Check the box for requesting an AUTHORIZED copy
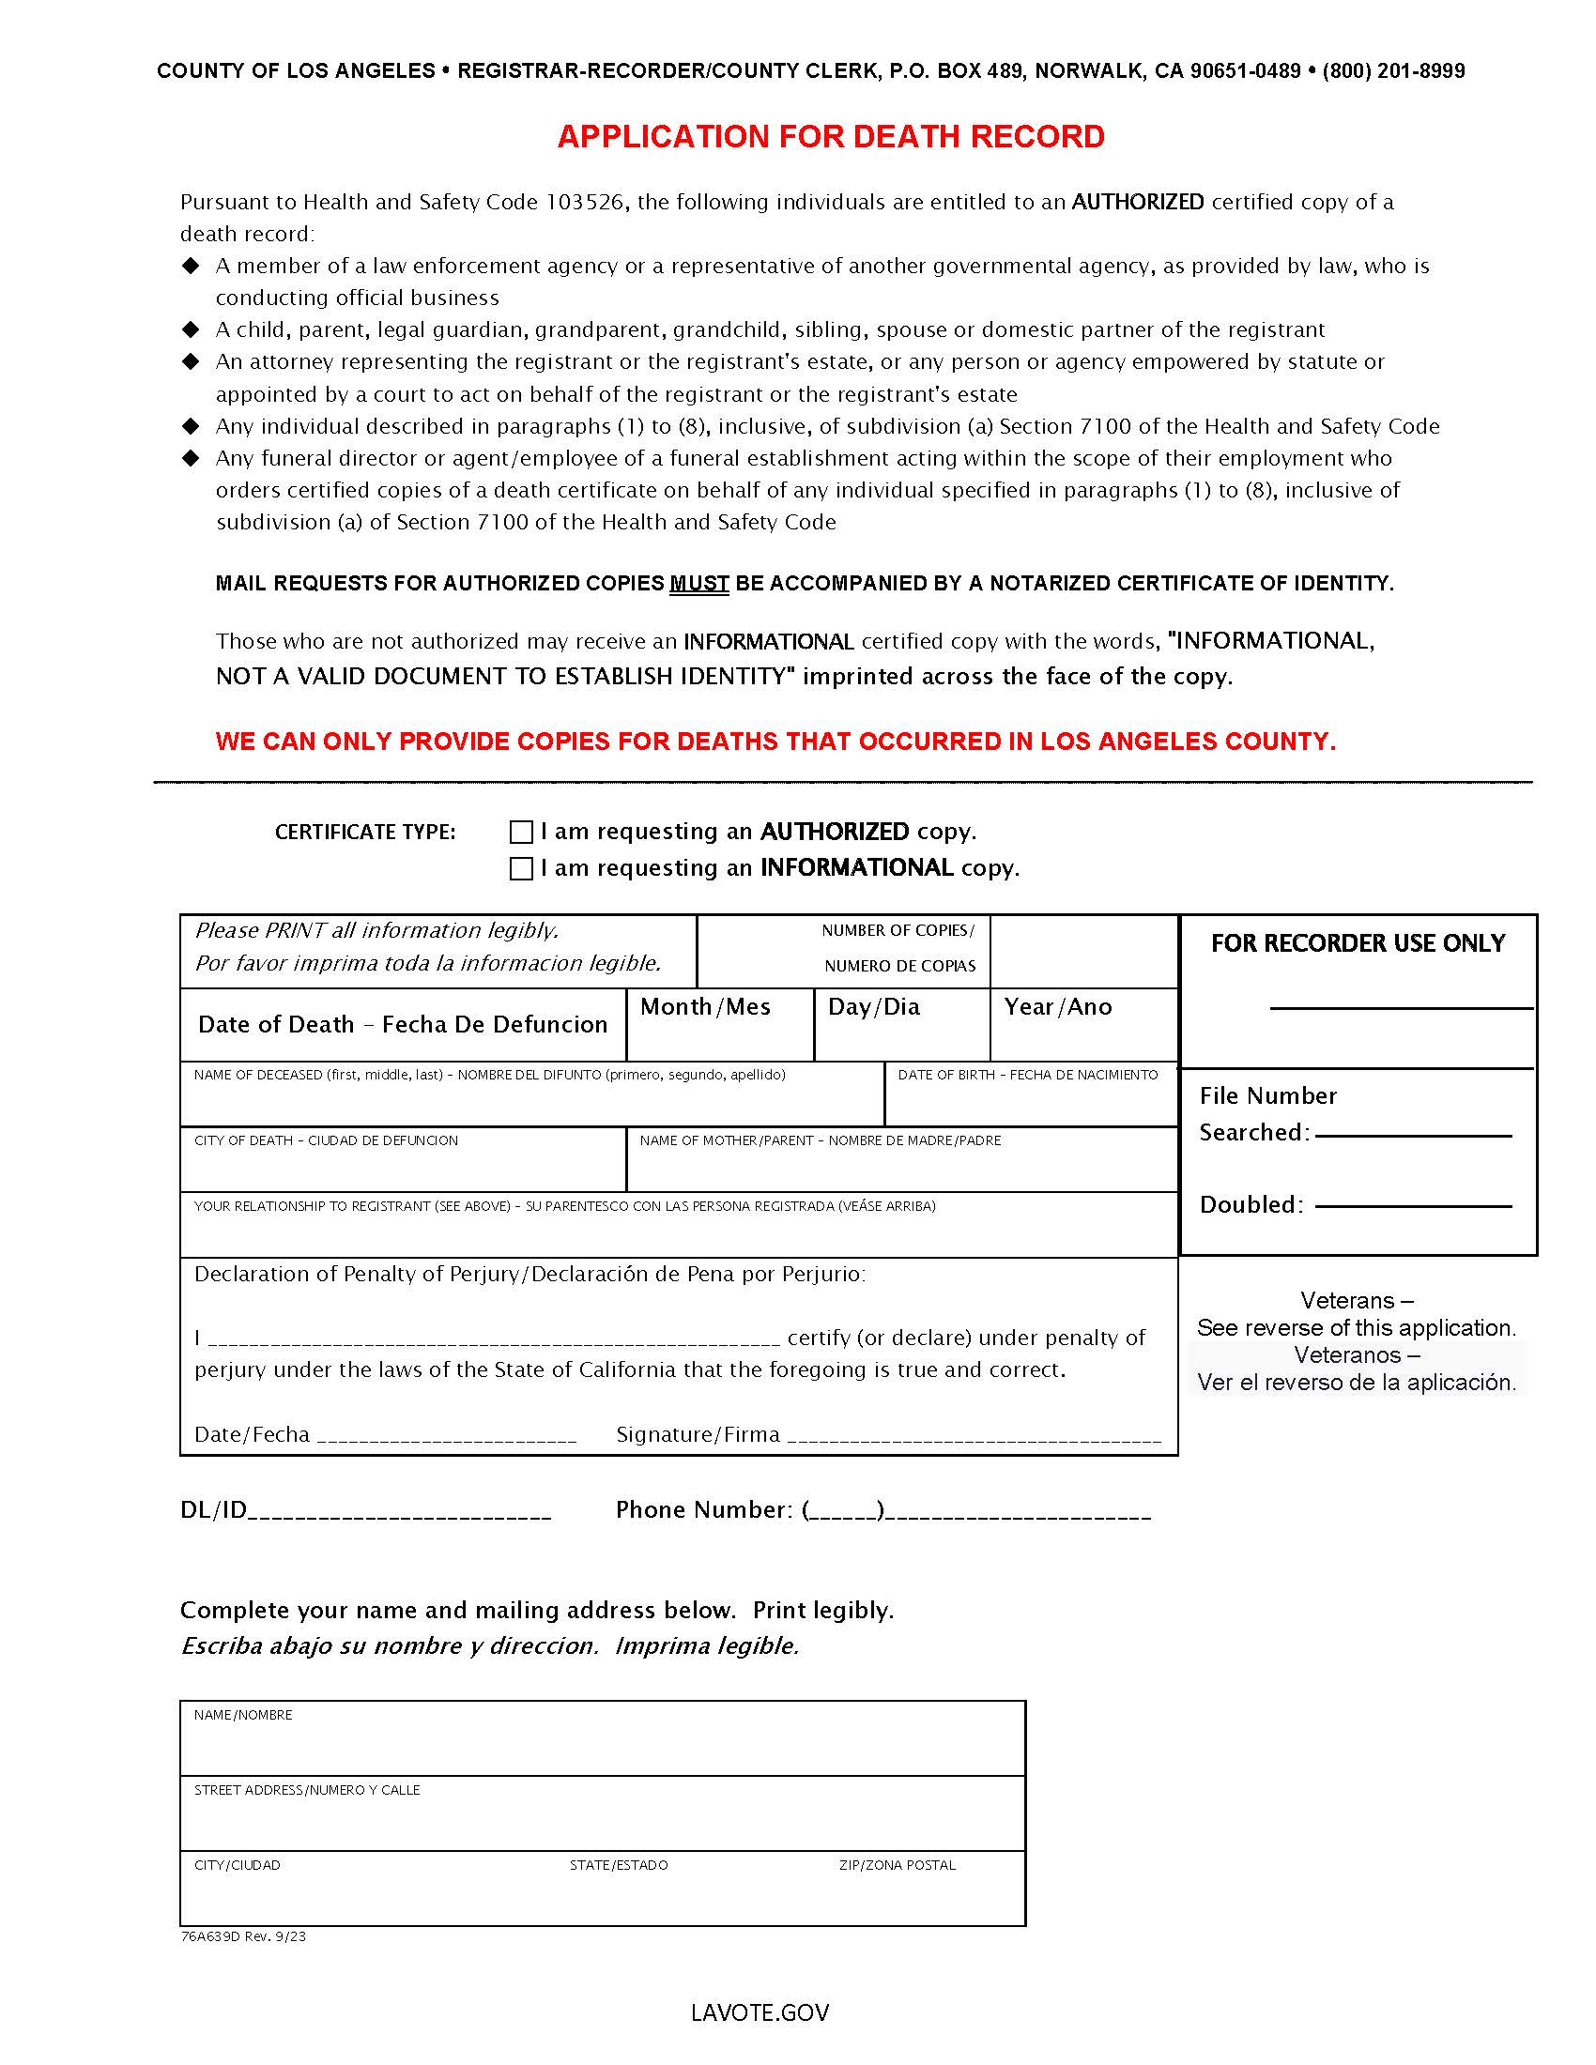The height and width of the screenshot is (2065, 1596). (521, 832)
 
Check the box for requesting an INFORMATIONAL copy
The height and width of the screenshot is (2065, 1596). (521, 868)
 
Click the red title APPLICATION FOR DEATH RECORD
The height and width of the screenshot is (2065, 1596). (830, 137)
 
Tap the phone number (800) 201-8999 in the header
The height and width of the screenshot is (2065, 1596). (1392, 71)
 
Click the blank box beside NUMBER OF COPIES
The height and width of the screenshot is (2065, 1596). (1083, 951)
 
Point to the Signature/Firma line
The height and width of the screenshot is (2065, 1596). (974, 1436)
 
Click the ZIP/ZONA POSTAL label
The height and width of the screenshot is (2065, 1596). (898, 1865)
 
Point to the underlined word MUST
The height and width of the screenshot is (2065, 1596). (698, 584)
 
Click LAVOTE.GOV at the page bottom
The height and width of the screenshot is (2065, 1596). (760, 2013)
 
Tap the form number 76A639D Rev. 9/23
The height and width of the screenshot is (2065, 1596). (243, 1936)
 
